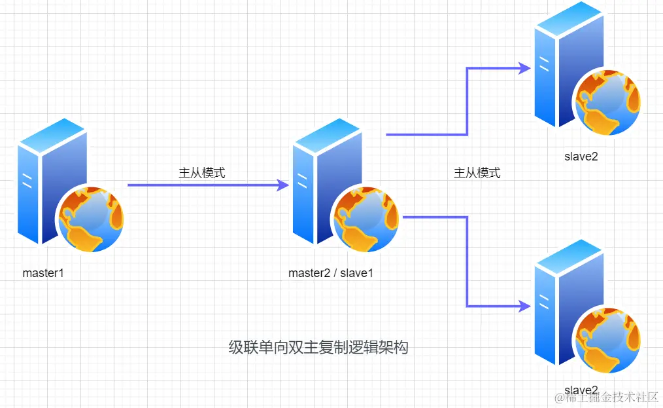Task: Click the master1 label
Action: [x=43, y=272]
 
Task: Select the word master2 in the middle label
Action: [x=309, y=272]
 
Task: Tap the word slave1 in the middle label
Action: [x=356, y=272]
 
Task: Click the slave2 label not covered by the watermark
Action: [x=581, y=156]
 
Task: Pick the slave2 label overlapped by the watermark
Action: [x=581, y=389]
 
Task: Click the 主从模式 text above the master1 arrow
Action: [x=202, y=173]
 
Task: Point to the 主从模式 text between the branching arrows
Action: [x=477, y=173]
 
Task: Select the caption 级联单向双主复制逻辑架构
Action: [x=318, y=347]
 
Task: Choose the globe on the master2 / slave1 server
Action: [x=365, y=220]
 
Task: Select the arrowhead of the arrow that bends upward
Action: [x=523, y=67]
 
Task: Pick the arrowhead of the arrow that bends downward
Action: [x=523, y=306]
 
